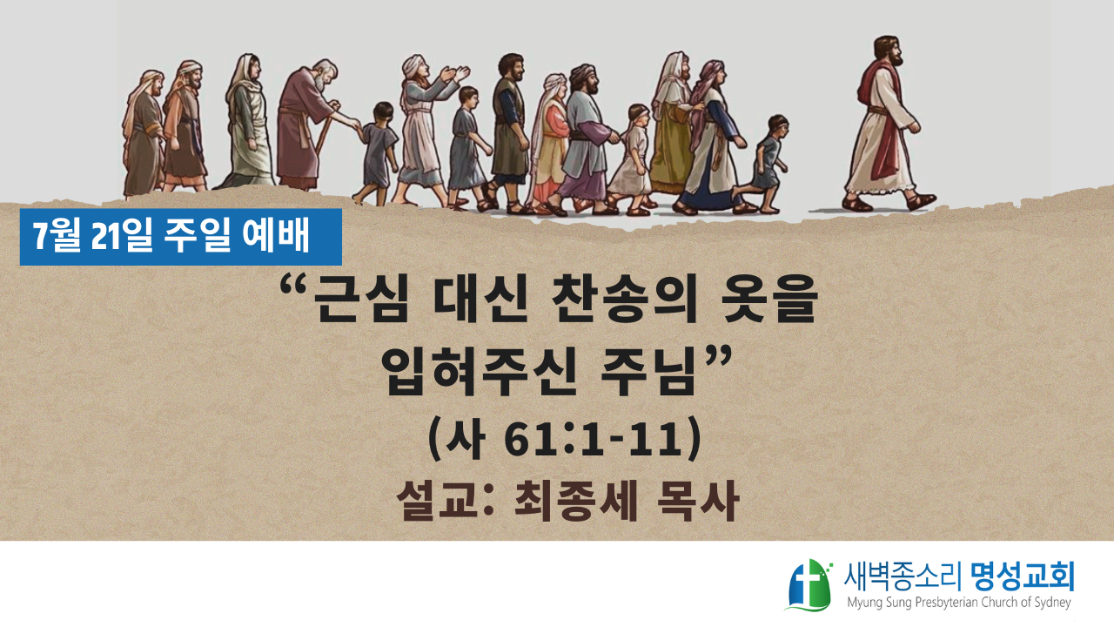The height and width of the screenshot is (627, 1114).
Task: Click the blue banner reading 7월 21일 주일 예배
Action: pos(180,237)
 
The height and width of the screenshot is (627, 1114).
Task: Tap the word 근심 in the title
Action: pos(357,300)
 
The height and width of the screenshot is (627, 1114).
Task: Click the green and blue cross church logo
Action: pos(809,585)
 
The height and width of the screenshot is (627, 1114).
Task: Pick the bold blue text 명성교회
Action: pos(1022,576)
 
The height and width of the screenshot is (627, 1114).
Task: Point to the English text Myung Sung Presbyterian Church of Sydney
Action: pos(959,603)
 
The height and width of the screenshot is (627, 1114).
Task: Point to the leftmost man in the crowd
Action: pos(144,133)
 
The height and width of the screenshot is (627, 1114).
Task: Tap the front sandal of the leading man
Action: pos(921,201)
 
